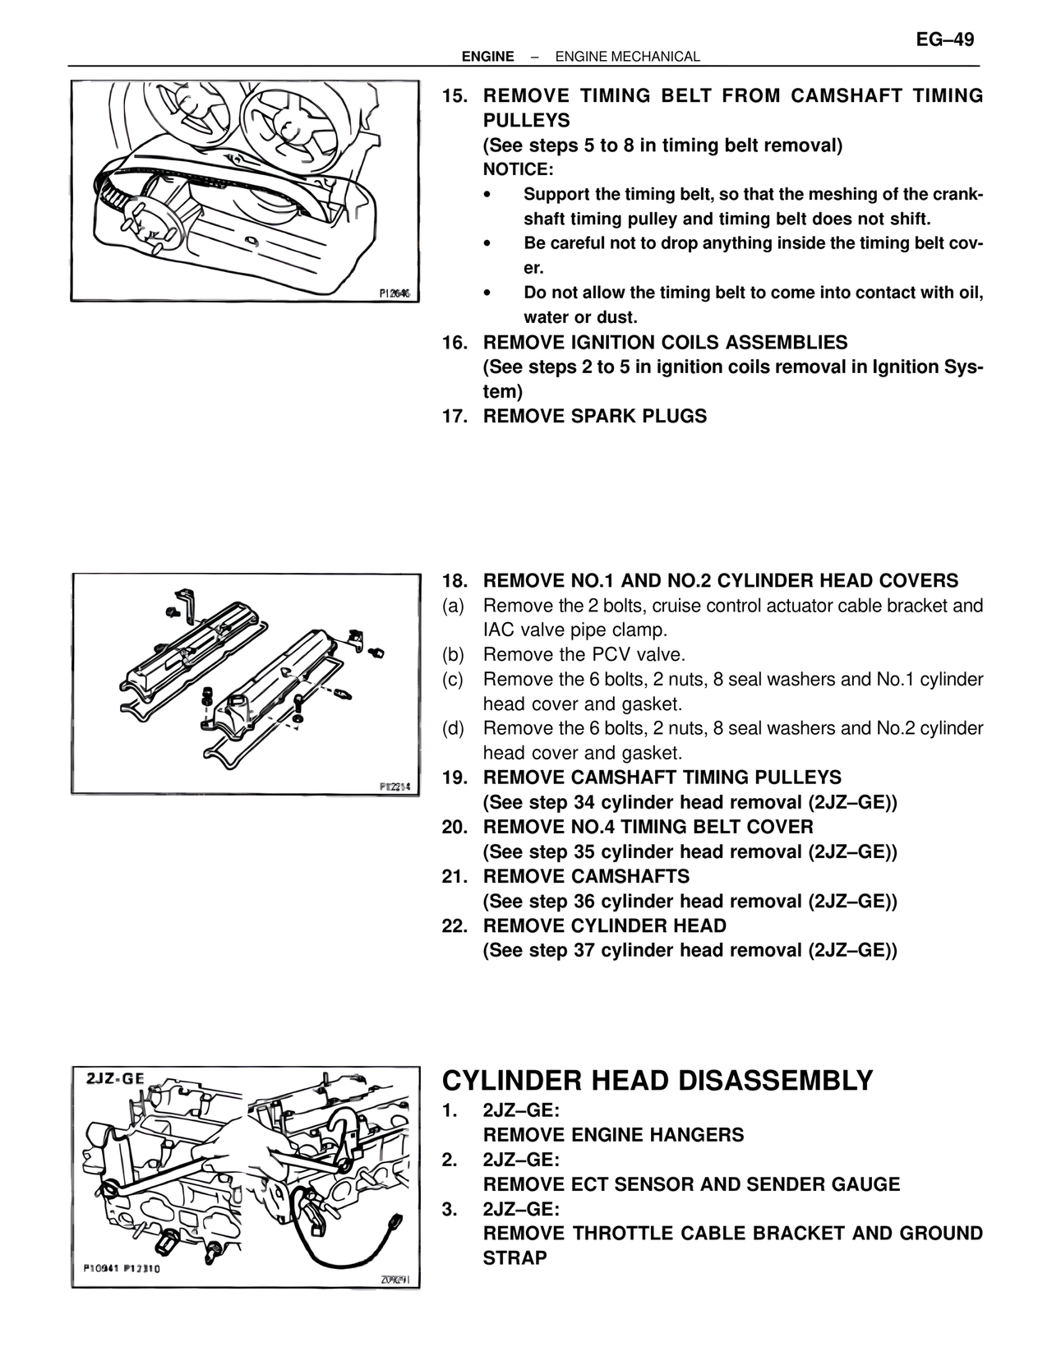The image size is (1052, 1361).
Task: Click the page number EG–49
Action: pyautogui.click(x=945, y=39)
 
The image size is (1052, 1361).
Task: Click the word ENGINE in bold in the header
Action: pyautogui.click(x=487, y=57)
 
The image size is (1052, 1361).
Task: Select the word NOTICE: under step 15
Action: pyautogui.click(x=518, y=170)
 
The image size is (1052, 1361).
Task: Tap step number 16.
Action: pyautogui.click(x=454, y=343)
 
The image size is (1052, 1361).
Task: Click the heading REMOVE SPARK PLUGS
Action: pyautogui.click(x=594, y=417)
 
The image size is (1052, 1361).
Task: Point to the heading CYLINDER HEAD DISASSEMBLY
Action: pyautogui.click(x=657, y=1081)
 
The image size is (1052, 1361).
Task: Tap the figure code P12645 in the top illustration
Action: pyautogui.click(x=395, y=293)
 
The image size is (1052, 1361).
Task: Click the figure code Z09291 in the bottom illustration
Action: pyautogui.click(x=395, y=1280)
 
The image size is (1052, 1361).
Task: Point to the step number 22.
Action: pyautogui.click(x=454, y=926)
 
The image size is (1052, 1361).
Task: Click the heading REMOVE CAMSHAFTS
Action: pyautogui.click(x=586, y=877)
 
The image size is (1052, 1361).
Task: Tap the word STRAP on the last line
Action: pyautogui.click(x=514, y=1258)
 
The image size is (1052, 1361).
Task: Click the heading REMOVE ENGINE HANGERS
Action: pyautogui.click(x=613, y=1135)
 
